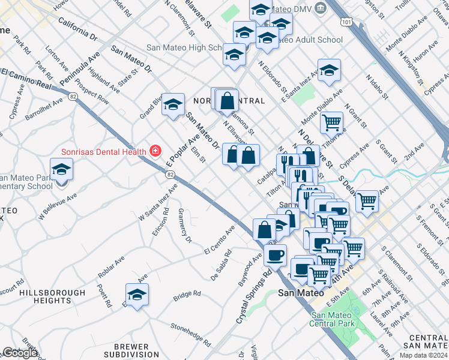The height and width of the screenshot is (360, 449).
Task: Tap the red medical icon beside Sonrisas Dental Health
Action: (x=155, y=150)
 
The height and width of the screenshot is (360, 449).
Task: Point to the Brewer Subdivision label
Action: (x=131, y=351)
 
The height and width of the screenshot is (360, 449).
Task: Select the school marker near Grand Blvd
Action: (x=173, y=105)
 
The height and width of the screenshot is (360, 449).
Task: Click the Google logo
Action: (x=20, y=353)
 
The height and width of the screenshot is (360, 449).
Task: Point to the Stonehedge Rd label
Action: (x=191, y=335)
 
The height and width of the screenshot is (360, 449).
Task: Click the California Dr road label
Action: (x=77, y=28)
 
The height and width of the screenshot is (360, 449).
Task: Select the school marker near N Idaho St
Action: (x=329, y=70)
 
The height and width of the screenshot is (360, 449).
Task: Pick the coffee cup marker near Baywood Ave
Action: (x=275, y=255)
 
